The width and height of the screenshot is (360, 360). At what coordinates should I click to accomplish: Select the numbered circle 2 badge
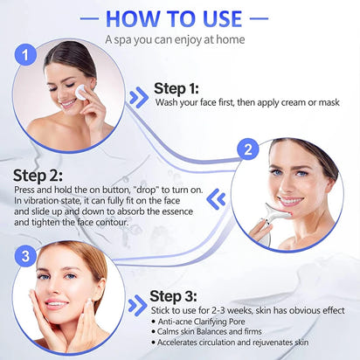(x=248, y=149)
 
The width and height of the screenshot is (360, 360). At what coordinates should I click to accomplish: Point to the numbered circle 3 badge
(x=27, y=257)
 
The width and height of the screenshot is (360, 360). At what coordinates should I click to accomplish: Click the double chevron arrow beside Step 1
(x=138, y=97)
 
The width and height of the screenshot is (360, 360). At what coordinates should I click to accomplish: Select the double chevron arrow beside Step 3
(x=136, y=306)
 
